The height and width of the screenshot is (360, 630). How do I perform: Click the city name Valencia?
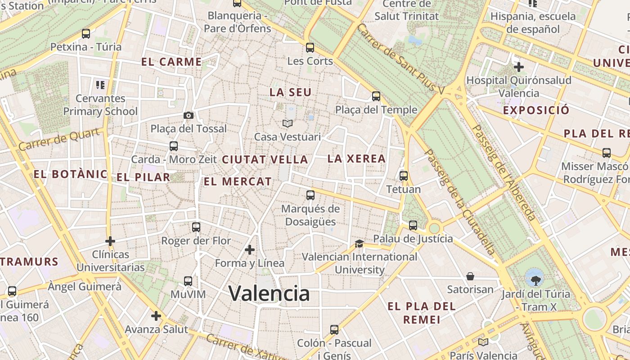(269, 294)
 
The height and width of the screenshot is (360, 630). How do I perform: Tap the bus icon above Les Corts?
(310, 48)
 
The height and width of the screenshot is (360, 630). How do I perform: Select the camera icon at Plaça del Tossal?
(189, 116)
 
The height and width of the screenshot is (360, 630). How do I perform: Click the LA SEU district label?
(290, 92)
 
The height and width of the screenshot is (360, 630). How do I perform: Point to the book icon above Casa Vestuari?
(287, 123)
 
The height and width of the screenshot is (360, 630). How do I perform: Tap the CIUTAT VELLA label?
(265, 160)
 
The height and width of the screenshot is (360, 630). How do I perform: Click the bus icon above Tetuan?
(404, 176)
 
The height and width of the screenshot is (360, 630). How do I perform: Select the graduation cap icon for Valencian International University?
(359, 244)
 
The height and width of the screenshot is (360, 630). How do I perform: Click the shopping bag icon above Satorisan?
(470, 276)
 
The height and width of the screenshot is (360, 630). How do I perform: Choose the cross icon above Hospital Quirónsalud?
(519, 67)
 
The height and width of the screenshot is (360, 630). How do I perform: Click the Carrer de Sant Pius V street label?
(400, 59)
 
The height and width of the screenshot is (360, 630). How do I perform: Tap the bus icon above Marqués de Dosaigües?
(310, 195)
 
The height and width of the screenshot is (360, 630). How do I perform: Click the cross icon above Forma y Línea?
(250, 250)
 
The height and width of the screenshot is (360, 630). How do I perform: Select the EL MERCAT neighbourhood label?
(238, 182)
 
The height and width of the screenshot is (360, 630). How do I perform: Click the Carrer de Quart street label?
(59, 139)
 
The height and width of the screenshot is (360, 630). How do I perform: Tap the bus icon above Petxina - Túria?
(85, 34)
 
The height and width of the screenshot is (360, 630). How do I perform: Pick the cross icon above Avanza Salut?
(156, 316)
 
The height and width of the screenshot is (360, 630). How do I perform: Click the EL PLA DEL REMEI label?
(421, 313)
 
